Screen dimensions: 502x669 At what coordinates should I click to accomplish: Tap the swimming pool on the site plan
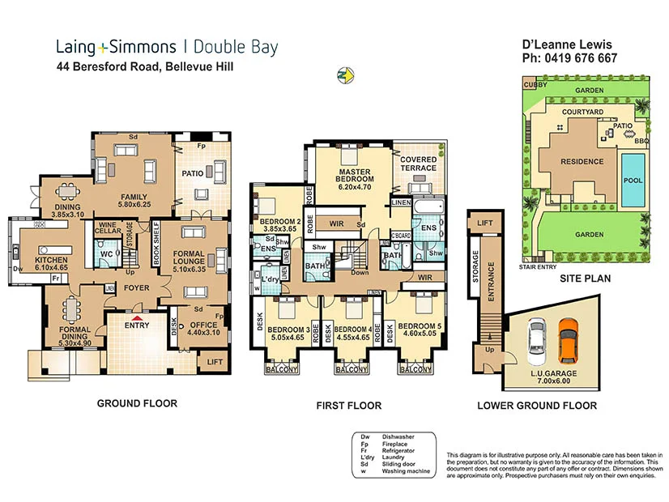(633, 179)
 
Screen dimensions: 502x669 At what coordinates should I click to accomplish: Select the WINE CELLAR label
(109, 228)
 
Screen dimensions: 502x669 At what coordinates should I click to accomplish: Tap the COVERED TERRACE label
(418, 164)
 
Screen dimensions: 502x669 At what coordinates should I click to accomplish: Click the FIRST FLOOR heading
(348, 406)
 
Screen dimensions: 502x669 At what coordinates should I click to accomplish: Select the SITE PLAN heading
(584, 278)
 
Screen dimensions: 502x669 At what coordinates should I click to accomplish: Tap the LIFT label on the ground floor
(215, 361)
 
